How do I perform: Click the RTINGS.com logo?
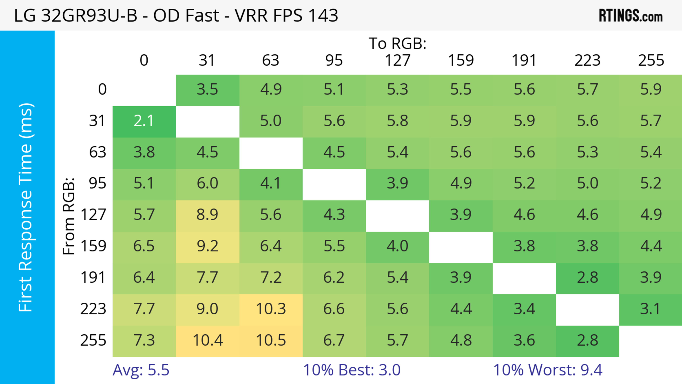pyautogui.click(x=631, y=16)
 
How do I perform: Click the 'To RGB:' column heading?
pyautogui.click(x=397, y=43)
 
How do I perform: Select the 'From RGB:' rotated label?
pyautogui.click(x=69, y=216)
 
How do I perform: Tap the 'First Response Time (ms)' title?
pyautogui.click(x=26, y=207)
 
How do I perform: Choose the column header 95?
pyautogui.click(x=334, y=61)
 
